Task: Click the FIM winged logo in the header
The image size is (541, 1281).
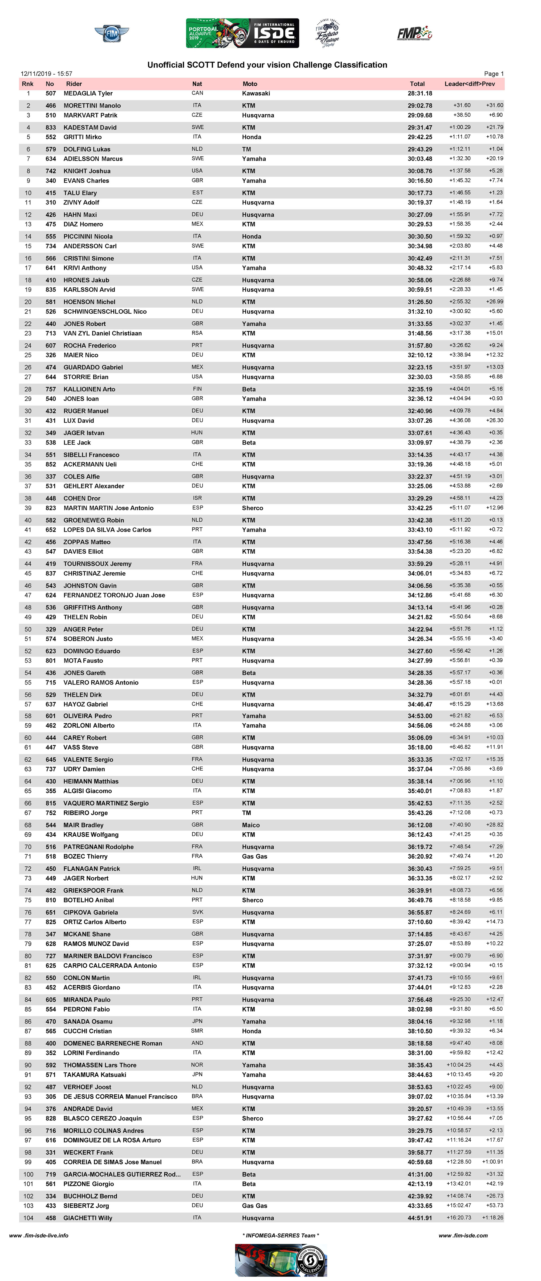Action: click(112, 34)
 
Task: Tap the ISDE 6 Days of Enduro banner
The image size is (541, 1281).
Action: click(242, 33)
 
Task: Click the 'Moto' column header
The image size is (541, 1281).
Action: click(250, 84)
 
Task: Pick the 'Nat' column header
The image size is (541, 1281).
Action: click(197, 84)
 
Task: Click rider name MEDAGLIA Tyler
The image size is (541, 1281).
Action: click(88, 94)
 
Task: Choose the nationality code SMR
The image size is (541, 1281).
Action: click(197, 1031)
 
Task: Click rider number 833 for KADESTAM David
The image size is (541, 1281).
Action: click(51, 127)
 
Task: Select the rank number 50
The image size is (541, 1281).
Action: click(28, 629)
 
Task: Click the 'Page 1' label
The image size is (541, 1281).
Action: click(494, 74)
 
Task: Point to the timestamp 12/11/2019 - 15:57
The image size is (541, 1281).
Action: click(46, 74)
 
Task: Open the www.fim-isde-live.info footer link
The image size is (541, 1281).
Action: click(39, 1235)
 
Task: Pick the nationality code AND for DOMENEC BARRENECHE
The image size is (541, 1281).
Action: click(197, 1043)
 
